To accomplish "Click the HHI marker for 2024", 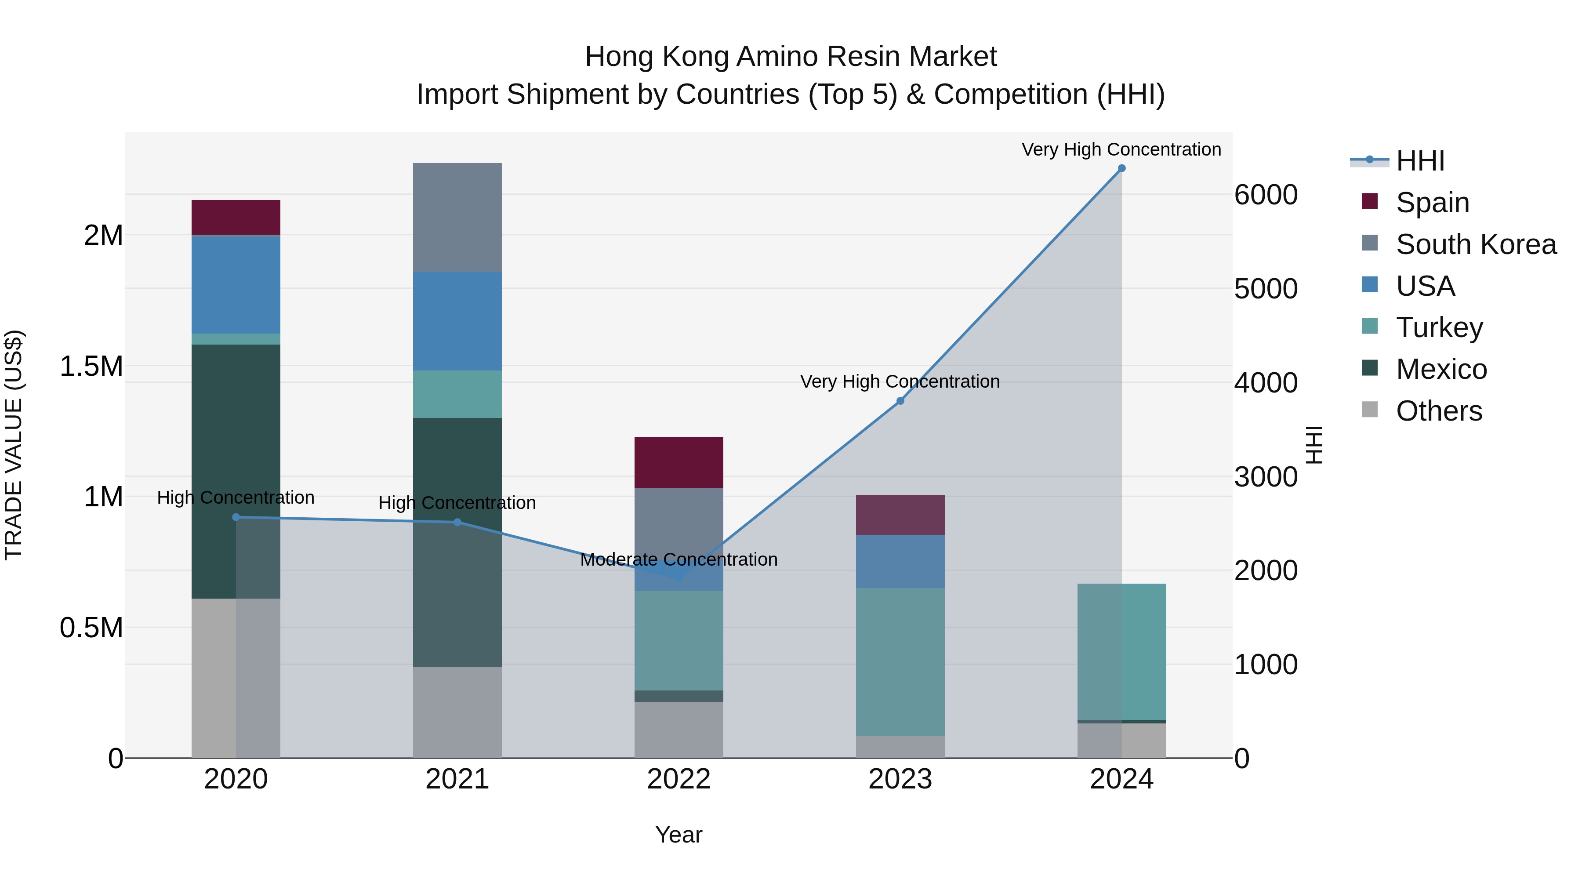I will (1121, 168).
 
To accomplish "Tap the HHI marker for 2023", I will (900, 401).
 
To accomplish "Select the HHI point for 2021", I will (457, 522).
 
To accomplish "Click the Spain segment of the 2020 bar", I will (236, 218).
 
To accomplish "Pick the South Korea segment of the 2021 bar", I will (457, 218).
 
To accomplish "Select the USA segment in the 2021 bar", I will (457, 321).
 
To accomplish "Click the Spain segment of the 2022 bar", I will (679, 462).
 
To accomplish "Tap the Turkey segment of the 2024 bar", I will (1121, 651).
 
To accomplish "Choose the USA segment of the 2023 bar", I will (900, 561).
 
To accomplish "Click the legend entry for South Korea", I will (1476, 244).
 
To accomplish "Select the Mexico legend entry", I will (1441, 369).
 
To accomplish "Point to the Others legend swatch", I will (1369, 410).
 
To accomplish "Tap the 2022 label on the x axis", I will (679, 779).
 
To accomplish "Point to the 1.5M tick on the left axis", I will (91, 366).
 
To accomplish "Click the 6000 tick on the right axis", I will (1266, 195).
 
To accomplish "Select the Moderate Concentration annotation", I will (679, 559).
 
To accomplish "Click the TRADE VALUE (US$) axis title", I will (14, 445).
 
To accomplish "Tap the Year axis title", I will (679, 835).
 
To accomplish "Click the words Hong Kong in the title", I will (657, 57).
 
